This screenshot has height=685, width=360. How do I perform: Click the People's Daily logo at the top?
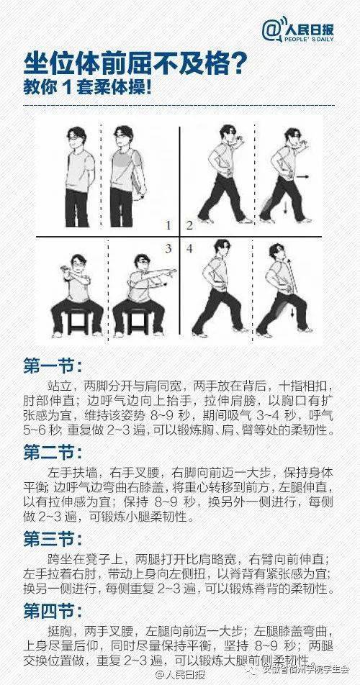pos(298,30)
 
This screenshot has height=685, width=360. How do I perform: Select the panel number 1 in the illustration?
pos(168,225)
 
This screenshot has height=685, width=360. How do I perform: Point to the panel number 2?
pos(189,225)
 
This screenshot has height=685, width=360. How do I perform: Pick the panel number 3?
pos(168,248)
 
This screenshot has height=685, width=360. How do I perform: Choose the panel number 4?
pos(189,248)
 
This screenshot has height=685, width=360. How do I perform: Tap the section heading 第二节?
pos(53,453)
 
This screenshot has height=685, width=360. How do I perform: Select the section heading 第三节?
pos(53,539)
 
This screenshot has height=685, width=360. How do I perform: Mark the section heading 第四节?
pos(53,611)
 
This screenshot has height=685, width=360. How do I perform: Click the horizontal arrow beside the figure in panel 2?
pos(303,176)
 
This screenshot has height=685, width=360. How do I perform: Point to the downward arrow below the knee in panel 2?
pos(285,207)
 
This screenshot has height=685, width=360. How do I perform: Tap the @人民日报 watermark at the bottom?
pos(181,675)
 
